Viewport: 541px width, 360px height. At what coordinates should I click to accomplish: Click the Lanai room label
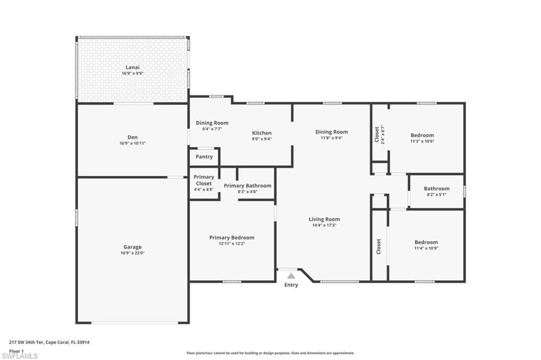133,67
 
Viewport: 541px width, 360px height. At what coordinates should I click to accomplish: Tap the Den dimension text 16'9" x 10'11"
133,143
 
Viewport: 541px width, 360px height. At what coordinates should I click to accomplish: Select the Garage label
133,247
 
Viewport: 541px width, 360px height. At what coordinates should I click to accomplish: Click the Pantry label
204,157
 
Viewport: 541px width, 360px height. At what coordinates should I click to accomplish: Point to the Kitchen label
262,133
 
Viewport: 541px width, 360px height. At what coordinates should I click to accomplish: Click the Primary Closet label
204,180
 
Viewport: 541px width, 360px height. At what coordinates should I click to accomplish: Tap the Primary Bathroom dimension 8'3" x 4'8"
247,192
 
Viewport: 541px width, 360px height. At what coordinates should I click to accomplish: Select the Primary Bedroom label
232,238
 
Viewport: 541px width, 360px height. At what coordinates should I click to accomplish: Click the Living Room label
324,219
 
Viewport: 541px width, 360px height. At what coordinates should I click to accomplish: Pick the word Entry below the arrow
291,285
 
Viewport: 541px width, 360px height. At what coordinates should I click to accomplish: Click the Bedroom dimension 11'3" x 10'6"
422,141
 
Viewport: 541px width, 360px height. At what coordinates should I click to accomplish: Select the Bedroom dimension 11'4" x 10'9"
426,248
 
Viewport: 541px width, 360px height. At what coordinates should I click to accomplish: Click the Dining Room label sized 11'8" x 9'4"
332,132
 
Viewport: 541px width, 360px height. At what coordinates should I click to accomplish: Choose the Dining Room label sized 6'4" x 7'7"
212,123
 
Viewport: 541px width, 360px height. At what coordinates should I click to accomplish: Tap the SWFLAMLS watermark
20,356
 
